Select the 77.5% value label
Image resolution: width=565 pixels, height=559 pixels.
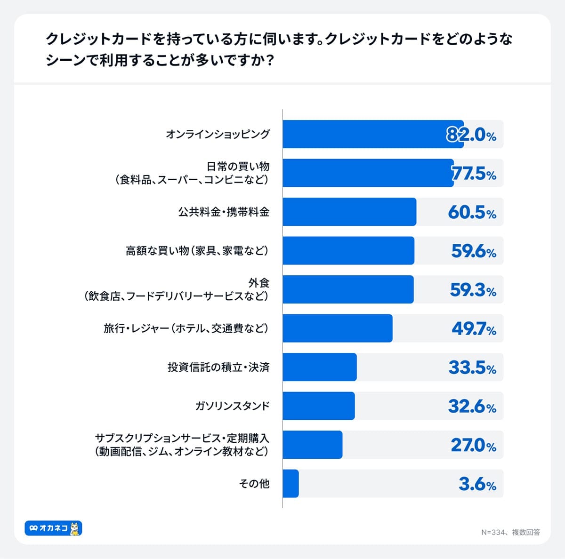pyautogui.click(x=474, y=174)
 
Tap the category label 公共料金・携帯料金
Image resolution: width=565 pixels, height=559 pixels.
pyautogui.click(x=223, y=212)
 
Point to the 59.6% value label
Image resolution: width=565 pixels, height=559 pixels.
pyautogui.click(x=474, y=251)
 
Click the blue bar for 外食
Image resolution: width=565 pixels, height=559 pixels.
pyautogui.click(x=348, y=289)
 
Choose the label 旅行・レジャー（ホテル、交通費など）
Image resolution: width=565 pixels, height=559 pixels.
pyautogui.click(x=186, y=328)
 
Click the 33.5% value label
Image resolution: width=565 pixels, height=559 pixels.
pyautogui.click(x=472, y=367)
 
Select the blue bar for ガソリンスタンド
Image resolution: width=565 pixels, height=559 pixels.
pyautogui.click(x=319, y=406)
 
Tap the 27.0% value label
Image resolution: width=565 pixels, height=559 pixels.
pyautogui.click(x=473, y=445)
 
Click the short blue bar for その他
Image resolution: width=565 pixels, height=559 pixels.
pyautogui.click(x=291, y=484)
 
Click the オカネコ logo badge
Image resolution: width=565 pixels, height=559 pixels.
pyautogui.click(x=53, y=528)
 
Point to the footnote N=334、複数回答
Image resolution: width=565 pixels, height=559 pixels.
pyautogui.click(x=510, y=532)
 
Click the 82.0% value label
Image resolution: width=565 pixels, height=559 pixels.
pyautogui.click(x=471, y=135)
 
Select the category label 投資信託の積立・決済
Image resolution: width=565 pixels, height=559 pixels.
pyautogui.click(x=218, y=367)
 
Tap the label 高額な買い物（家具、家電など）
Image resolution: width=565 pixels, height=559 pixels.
pyautogui.click(x=197, y=251)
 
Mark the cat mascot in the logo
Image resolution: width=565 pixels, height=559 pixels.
pyautogui.click(x=75, y=528)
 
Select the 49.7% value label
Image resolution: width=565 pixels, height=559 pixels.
pyautogui.click(x=474, y=329)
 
